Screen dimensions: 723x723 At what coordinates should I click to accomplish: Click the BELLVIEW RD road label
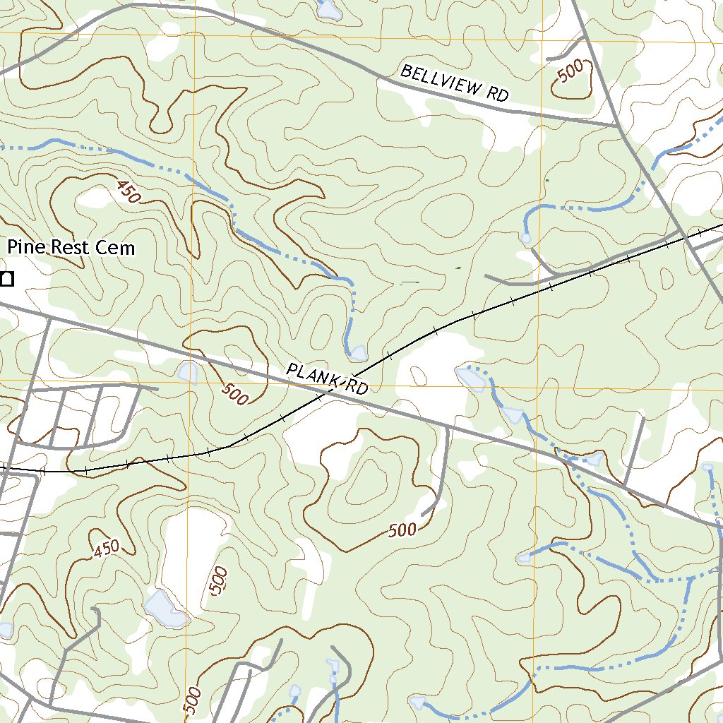pos(454,83)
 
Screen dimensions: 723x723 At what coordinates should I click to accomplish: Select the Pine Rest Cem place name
pos(71,248)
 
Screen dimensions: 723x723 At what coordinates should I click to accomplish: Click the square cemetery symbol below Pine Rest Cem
pos(7,279)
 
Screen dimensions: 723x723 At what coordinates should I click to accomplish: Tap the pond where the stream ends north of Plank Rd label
pos(358,352)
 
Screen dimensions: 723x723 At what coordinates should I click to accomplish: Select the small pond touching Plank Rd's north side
pos(189,371)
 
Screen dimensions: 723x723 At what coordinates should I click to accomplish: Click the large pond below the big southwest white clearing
pos(165,609)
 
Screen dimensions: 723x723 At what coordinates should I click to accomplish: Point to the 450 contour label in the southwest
pos(106,549)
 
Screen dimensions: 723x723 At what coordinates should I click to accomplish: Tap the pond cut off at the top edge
pos(329,8)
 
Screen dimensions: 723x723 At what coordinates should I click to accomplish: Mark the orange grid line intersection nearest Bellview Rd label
pos(540,40)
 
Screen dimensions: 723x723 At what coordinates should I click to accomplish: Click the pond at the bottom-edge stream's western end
pos(417,702)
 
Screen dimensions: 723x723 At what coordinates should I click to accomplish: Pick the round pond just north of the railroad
pos(526,239)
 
